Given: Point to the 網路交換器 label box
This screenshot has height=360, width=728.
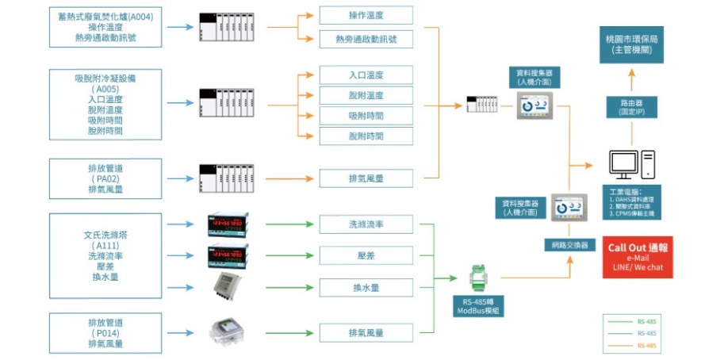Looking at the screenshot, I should point(569,245).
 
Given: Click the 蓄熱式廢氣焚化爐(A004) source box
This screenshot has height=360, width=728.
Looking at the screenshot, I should point(106,26).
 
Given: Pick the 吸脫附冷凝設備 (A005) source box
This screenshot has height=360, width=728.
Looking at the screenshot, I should point(106,104).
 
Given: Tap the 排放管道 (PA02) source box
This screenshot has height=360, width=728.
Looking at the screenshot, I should point(106,178).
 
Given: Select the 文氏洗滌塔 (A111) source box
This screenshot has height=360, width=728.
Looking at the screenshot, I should point(106,256).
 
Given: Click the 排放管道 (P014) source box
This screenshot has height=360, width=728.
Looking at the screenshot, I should point(106,333).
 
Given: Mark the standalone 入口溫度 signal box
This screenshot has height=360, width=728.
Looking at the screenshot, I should point(366,75).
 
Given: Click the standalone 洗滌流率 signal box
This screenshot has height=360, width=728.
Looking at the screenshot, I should point(366,224).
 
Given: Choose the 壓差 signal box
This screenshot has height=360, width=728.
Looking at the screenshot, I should point(366,255).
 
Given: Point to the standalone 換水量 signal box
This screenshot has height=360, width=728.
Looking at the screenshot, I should point(366,287).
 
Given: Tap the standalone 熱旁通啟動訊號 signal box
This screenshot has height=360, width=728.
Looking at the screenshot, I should point(366,38).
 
